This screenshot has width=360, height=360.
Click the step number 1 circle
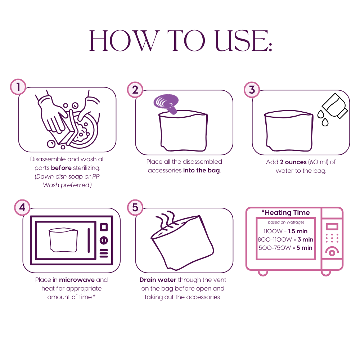pos(18,87)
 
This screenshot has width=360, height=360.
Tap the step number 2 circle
pos(135,90)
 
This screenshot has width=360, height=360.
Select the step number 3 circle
pos(252,90)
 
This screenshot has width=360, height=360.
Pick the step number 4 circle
pos(22,208)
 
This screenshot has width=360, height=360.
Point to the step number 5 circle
pos(135,208)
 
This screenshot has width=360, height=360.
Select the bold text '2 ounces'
pos(293,162)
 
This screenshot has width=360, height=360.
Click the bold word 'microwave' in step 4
pos(77,280)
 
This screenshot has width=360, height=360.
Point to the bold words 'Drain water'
pos(158,280)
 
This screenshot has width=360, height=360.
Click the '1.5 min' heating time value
pos(298,231)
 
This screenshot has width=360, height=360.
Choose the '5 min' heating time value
pos(305,248)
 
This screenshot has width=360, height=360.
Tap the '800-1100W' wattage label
pos(275,239)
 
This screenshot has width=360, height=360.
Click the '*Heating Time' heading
pos(285,213)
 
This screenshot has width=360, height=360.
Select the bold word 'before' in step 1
pos(61,168)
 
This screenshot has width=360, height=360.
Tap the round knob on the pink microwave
pos(332,252)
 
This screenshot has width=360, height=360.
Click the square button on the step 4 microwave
pos(104,227)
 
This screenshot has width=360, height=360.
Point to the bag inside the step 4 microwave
pos(63,240)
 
